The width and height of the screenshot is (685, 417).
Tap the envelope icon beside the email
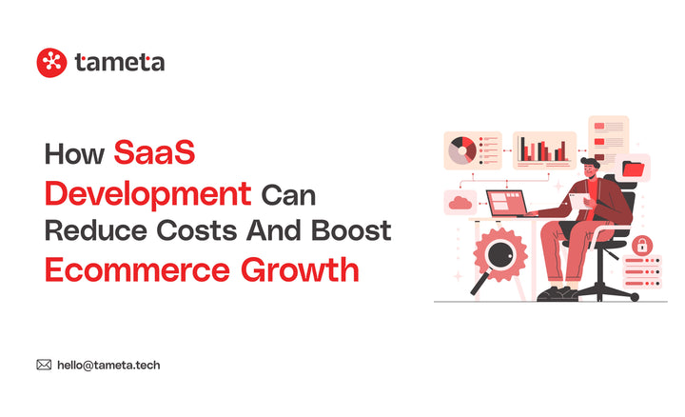pos(44,365)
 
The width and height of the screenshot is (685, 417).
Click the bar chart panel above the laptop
pos(544,149)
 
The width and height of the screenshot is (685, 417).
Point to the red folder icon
pos(634,169)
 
